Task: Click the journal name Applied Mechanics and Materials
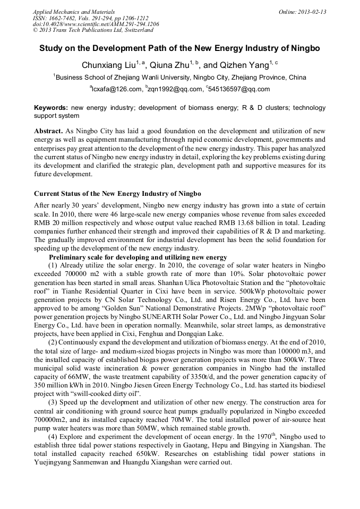tap(73, 11)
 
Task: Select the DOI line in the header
tap(96, 24)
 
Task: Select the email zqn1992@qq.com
tap(175, 89)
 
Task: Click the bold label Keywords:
tap(51, 107)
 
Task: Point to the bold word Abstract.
tap(48, 131)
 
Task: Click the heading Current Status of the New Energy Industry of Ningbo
tap(117, 193)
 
